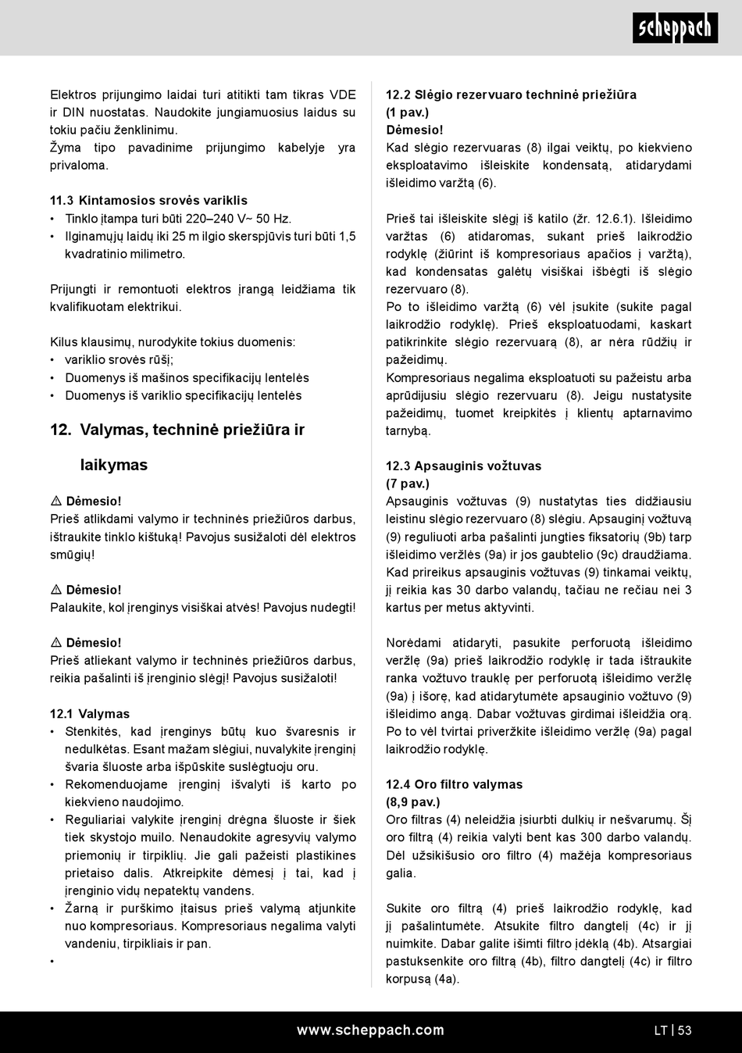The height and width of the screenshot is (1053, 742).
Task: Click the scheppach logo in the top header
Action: pos(675,28)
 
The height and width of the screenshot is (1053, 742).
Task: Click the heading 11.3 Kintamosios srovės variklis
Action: pos(148,201)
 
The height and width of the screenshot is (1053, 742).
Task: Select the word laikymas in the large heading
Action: pos(114,465)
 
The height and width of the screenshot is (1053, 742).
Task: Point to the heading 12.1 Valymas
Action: pos(90,714)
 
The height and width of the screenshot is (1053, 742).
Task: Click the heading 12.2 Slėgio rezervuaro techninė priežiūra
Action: pos(511,95)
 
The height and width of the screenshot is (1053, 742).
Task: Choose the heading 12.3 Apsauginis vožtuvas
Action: pos(463,466)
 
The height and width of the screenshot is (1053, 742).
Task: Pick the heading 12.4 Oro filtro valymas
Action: pos(454,784)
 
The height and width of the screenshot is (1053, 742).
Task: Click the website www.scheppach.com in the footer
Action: pos(370,1030)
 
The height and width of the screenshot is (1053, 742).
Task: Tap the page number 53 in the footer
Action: pos(685,1030)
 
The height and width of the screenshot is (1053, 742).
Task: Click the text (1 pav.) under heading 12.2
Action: pos(407,112)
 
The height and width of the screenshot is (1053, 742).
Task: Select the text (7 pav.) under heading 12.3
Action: pos(407,484)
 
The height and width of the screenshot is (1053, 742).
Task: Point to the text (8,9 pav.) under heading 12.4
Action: pos(412,801)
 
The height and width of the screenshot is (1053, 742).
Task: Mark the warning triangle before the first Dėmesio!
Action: pos(56,501)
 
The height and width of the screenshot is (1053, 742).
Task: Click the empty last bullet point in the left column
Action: pos(52,961)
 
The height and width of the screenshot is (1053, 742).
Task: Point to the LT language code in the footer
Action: pos(661,1030)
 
